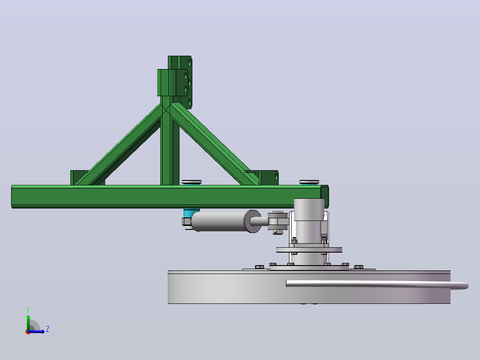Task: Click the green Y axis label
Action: (x=28, y=310)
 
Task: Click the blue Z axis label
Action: (x=48, y=329)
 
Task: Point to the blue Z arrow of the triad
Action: (x=36, y=331)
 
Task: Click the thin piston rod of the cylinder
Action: (x=260, y=221)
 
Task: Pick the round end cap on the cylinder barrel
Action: (x=252, y=221)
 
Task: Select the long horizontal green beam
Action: (x=170, y=196)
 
